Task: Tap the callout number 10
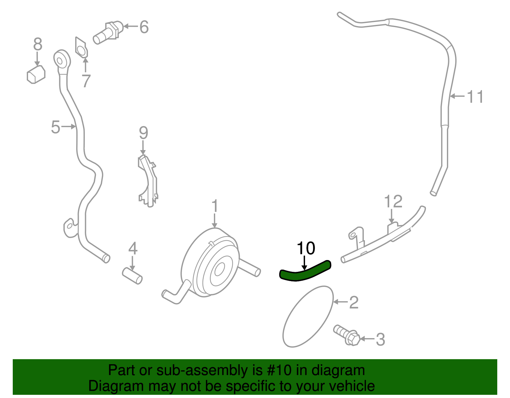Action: (x=306, y=248)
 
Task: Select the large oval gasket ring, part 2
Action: (x=308, y=316)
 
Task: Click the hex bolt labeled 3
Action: (x=346, y=335)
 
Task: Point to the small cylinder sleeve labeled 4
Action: (x=132, y=276)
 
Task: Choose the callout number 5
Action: (x=55, y=127)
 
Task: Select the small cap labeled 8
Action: (x=36, y=74)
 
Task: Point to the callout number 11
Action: (x=475, y=97)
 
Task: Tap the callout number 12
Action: (x=393, y=202)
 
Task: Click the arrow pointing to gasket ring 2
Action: (x=340, y=301)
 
